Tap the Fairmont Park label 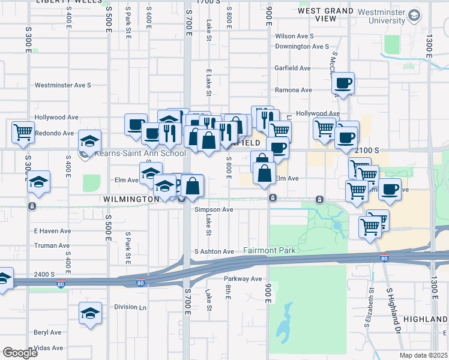[270, 250]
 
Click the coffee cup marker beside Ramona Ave [343, 83]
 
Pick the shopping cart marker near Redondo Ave [23, 131]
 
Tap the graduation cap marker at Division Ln [90, 313]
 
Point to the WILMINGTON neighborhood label [130, 199]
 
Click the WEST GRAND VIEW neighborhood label [325, 14]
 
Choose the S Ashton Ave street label [213, 251]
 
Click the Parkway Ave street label [243, 278]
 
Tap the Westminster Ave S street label [62, 85]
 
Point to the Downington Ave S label [302, 46]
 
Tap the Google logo [20, 352]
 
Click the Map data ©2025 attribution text [423, 355]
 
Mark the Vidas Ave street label [49, 348]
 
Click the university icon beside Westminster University [414, 16]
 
